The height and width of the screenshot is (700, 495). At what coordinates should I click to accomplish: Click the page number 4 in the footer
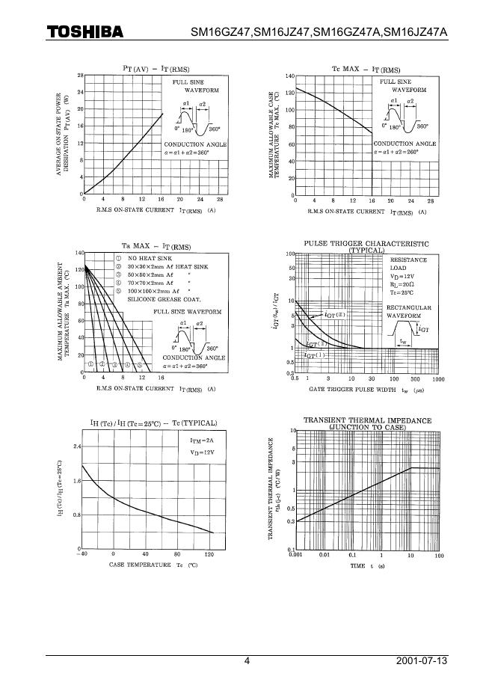(248, 661)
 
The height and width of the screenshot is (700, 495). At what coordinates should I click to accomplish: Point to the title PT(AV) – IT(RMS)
(156, 68)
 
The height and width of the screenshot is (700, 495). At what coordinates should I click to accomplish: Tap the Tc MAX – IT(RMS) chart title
(366, 69)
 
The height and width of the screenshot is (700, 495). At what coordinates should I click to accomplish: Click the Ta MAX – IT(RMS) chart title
(156, 246)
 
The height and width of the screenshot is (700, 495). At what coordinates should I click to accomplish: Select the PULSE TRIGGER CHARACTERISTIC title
(366, 244)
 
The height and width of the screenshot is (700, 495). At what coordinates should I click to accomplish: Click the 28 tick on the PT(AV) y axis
(79, 76)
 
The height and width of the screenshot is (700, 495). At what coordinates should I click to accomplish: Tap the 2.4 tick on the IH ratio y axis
(76, 446)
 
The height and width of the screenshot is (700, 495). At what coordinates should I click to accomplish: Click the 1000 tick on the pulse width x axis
(439, 379)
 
